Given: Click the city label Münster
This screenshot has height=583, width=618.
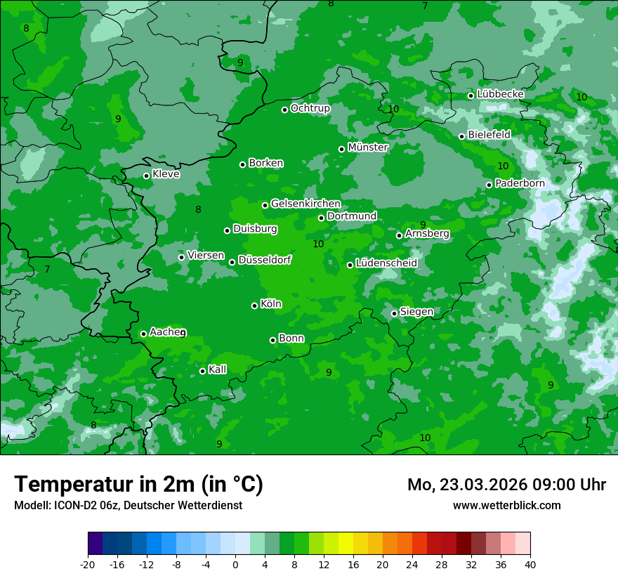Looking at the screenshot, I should pos(367,148).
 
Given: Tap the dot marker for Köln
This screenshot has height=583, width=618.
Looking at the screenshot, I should pos(254,306).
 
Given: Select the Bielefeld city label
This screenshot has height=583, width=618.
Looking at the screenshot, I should pos(489,134).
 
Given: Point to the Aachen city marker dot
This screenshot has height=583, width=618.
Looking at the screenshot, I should pos(143,334).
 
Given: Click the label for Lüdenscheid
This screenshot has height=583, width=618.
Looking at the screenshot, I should pos(386,263).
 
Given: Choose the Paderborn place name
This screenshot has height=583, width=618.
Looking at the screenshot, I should pos(520,183).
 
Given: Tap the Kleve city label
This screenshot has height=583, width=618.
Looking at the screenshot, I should pos(166,174).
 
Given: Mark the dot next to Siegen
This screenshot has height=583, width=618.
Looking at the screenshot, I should pos(394,313).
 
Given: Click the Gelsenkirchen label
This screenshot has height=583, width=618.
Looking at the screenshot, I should pos(305,204).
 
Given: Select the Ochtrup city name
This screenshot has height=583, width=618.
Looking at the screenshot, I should pos(310,108).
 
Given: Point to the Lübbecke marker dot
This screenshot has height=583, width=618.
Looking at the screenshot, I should pos(471,96).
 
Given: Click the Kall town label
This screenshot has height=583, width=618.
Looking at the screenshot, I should pos(217,369).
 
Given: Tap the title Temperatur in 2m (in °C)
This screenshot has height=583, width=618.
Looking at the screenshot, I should pos(138,485).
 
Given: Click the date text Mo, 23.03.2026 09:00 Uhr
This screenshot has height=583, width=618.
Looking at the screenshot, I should pos(506,485).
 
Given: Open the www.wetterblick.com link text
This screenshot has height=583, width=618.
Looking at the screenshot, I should pos(506,506).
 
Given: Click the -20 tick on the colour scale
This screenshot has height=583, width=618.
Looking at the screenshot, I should pos(88,565).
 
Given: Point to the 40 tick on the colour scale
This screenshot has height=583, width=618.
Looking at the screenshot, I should pos(530,565).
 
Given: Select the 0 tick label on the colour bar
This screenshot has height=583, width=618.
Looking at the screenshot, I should pos(235,565).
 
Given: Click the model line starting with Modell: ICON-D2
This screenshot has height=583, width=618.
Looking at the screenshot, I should pos(128,506).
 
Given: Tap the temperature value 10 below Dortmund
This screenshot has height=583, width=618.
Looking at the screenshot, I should pos(318,244).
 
